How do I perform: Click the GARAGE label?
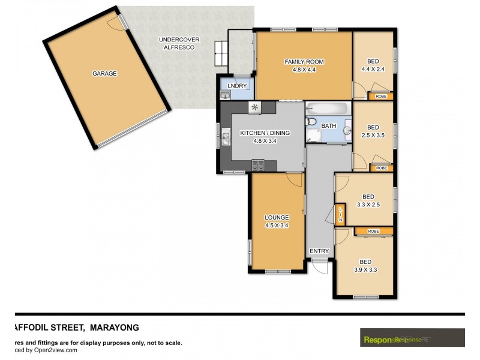[104, 74]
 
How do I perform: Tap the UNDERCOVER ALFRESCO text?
[179, 43]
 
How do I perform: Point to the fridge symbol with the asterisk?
[254, 107]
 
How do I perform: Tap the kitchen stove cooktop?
[259, 166]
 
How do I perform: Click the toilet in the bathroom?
[311, 122]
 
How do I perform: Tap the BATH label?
[329, 126]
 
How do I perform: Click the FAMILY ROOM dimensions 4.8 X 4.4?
[304, 70]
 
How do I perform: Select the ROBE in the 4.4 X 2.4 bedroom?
[380, 96]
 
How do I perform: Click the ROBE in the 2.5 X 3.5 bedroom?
[380, 168]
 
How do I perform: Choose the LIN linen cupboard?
[340, 214]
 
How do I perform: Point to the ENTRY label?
[319, 251]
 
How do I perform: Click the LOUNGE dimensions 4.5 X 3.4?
[277, 226]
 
